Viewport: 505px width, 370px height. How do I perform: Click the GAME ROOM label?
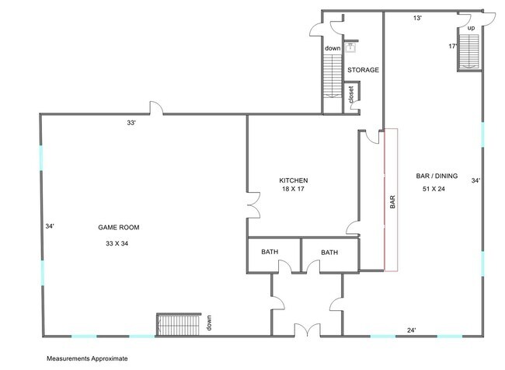[119, 227]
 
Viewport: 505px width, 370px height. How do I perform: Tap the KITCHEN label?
[294, 180]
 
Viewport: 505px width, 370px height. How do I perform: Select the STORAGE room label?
[363, 70]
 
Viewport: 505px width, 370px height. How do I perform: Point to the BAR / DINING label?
[437, 176]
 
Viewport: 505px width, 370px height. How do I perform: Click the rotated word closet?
[351, 94]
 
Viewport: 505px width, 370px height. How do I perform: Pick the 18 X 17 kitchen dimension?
[293, 189]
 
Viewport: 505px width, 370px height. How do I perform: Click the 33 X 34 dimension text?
[117, 243]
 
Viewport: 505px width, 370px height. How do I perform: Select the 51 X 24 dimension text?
[434, 189]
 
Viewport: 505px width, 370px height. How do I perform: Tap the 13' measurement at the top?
[417, 18]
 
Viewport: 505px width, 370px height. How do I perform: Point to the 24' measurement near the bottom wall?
[411, 330]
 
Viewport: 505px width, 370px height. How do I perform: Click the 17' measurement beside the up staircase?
[452, 46]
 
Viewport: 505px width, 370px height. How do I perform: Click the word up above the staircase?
[471, 28]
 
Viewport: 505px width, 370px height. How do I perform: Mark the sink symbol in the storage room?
[350, 47]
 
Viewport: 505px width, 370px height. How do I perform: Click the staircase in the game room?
[179, 324]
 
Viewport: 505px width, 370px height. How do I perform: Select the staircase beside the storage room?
[333, 76]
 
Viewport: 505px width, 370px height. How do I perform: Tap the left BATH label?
[270, 252]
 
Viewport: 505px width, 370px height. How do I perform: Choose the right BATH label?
[329, 253]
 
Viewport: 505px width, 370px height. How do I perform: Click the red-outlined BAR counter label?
[392, 202]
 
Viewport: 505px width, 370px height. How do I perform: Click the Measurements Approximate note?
[87, 358]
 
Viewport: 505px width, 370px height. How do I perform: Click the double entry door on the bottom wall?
[308, 330]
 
